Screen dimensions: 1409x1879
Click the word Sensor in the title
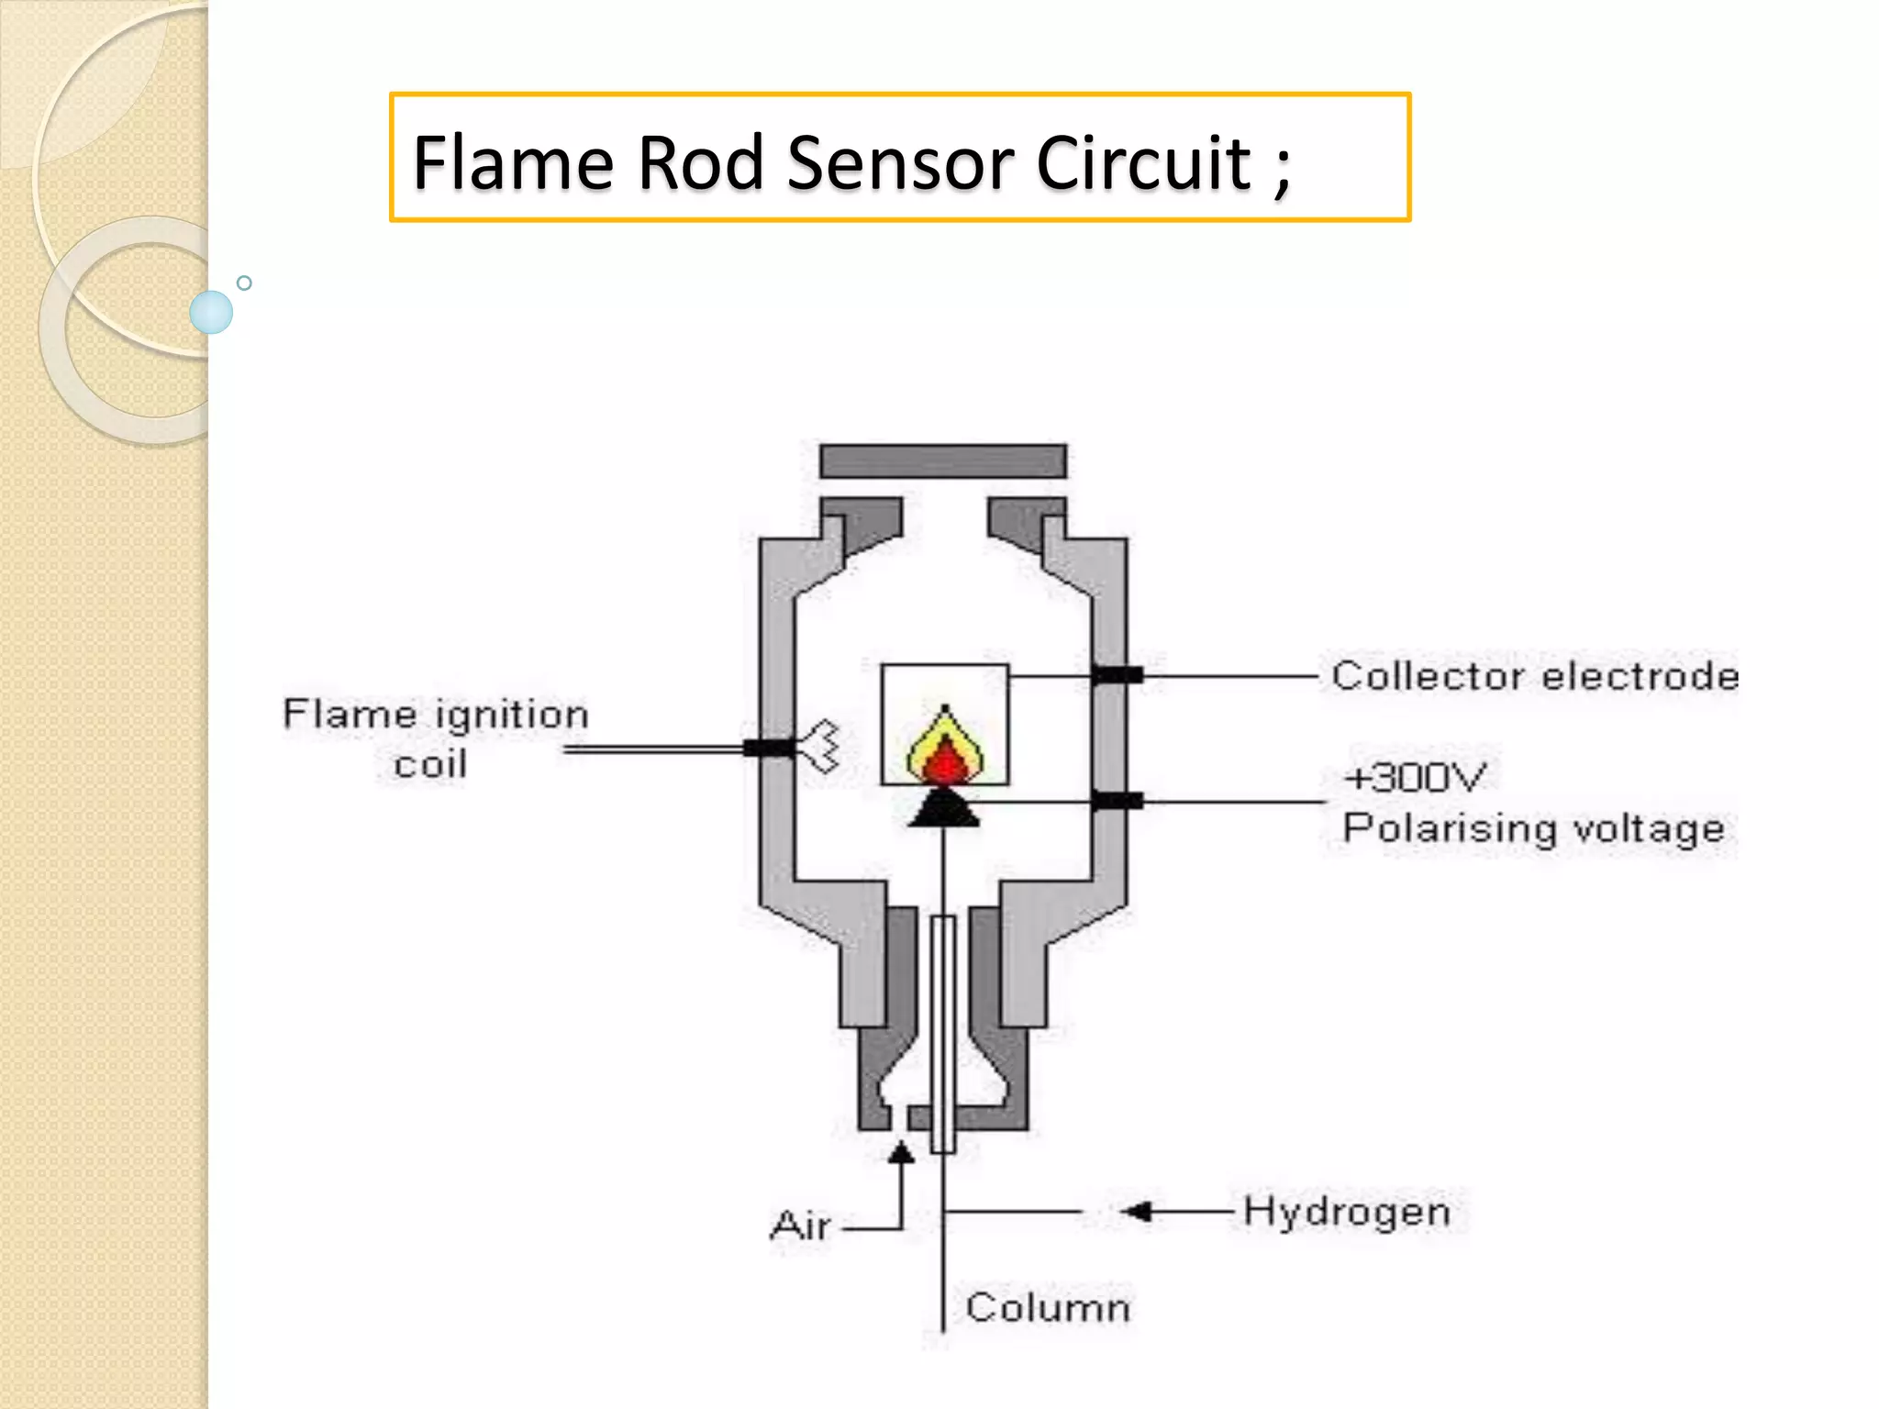coord(902,162)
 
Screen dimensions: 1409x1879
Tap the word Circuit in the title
coord(1143,162)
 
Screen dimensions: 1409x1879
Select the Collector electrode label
coord(1534,676)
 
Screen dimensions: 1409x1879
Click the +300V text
coord(1414,778)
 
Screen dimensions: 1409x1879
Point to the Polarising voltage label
coord(1533,828)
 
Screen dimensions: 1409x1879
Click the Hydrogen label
coord(1346,1212)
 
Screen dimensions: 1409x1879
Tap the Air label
coord(800,1226)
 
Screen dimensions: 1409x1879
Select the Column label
coord(1047,1307)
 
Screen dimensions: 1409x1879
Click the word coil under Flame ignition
coord(430,764)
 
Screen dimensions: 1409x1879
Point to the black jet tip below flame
coord(944,809)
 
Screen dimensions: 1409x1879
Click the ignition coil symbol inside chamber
coord(822,746)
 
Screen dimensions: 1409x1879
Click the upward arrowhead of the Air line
coord(901,1153)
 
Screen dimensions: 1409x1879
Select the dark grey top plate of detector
coord(943,460)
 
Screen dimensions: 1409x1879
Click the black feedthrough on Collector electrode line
coord(1117,676)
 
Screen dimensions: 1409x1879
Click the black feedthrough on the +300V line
coord(1117,802)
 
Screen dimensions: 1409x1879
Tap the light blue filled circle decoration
coord(211,312)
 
